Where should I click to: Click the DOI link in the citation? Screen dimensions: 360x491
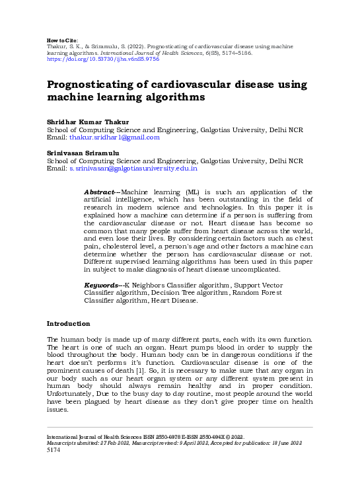point(103,59)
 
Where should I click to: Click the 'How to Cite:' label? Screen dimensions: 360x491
point(64,40)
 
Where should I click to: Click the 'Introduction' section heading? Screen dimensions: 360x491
point(68,324)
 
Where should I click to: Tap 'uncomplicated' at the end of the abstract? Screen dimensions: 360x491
point(256,270)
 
